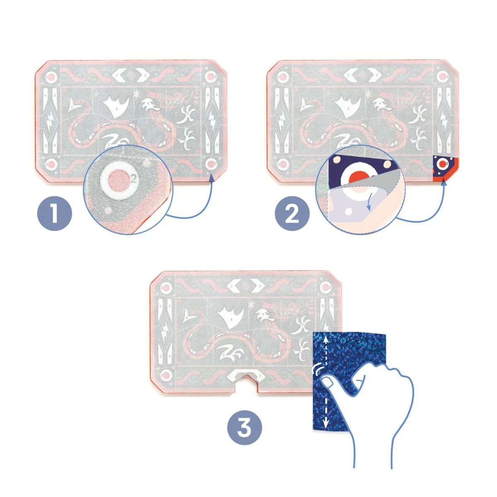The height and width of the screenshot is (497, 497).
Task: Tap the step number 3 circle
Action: click(x=244, y=427)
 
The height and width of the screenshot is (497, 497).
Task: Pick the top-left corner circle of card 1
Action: click(x=51, y=77)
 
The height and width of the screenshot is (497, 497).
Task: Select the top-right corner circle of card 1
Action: click(x=211, y=77)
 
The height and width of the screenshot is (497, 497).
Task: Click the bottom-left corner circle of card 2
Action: click(x=282, y=165)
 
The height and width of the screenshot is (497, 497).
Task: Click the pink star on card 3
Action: click(x=251, y=306)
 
